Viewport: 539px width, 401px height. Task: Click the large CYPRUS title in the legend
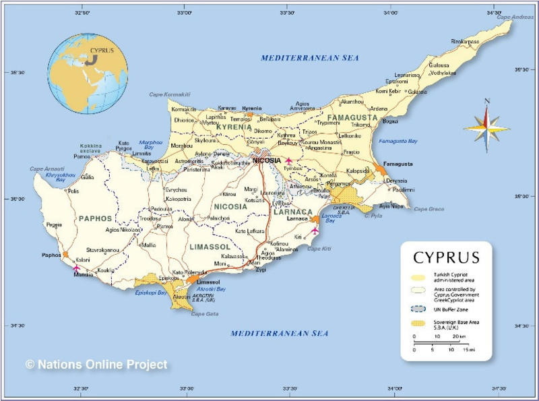coord(446,257)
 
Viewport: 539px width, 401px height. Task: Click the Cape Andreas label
coord(509,17)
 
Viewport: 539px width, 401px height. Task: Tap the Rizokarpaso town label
coord(465,42)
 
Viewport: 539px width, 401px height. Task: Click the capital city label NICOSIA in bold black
coord(266,160)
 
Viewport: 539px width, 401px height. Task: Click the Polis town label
coord(73,191)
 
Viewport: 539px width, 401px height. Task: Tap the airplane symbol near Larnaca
coord(314,230)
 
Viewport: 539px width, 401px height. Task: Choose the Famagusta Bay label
coord(398,141)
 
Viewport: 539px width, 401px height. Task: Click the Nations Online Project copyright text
coord(96,365)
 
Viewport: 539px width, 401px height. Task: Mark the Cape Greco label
coord(429,209)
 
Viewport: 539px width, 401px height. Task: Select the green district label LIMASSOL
coord(210,247)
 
